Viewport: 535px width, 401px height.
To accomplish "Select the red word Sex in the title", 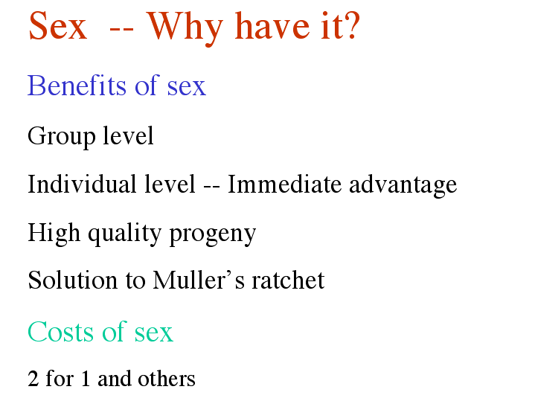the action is [57, 26].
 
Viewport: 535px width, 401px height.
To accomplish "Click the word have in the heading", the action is [272, 25].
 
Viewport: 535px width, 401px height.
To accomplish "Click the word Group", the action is [62, 136].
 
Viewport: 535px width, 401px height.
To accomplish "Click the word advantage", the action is [403, 186].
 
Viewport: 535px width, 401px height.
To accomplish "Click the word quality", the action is [124, 234].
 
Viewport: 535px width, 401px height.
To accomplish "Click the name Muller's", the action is [199, 280].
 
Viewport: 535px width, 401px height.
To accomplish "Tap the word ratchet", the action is [288, 280].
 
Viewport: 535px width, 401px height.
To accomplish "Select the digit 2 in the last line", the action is [33, 379].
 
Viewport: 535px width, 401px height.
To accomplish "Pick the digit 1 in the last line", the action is [86, 379].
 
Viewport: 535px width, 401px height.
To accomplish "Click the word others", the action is [166, 379].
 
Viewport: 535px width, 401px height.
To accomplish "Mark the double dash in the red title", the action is [121, 30].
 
